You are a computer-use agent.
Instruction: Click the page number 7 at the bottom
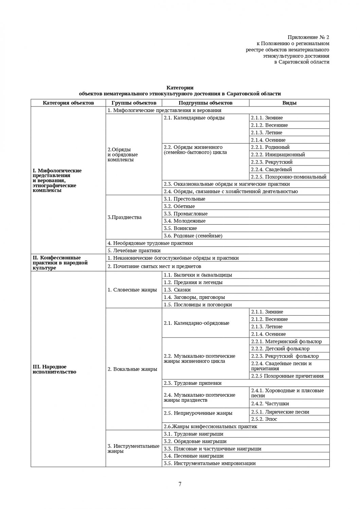tap(180, 484)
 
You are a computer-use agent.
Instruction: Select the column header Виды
tap(289, 103)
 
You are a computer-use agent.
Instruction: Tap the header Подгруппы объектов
tap(205, 103)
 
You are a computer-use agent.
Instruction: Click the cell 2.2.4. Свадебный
tap(271, 169)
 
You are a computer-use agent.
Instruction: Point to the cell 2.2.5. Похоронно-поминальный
tap(289, 177)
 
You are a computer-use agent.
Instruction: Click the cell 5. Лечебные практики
tap(134, 251)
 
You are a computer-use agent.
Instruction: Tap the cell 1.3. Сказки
tap(177, 290)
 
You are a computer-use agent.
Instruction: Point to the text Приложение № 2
tap(308, 37)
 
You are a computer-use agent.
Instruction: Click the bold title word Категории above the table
tap(180, 88)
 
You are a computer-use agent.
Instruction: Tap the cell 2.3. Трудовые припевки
tap(193, 383)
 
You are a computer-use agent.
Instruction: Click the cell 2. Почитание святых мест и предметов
tap(155, 266)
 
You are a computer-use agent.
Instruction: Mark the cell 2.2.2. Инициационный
tap(278, 155)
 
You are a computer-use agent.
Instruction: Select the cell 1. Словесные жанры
tap(132, 290)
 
